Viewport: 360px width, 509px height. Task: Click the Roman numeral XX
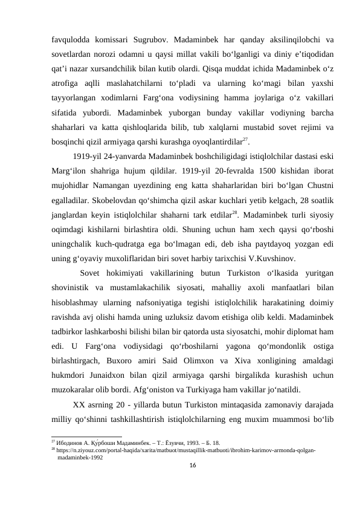[79, 405]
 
